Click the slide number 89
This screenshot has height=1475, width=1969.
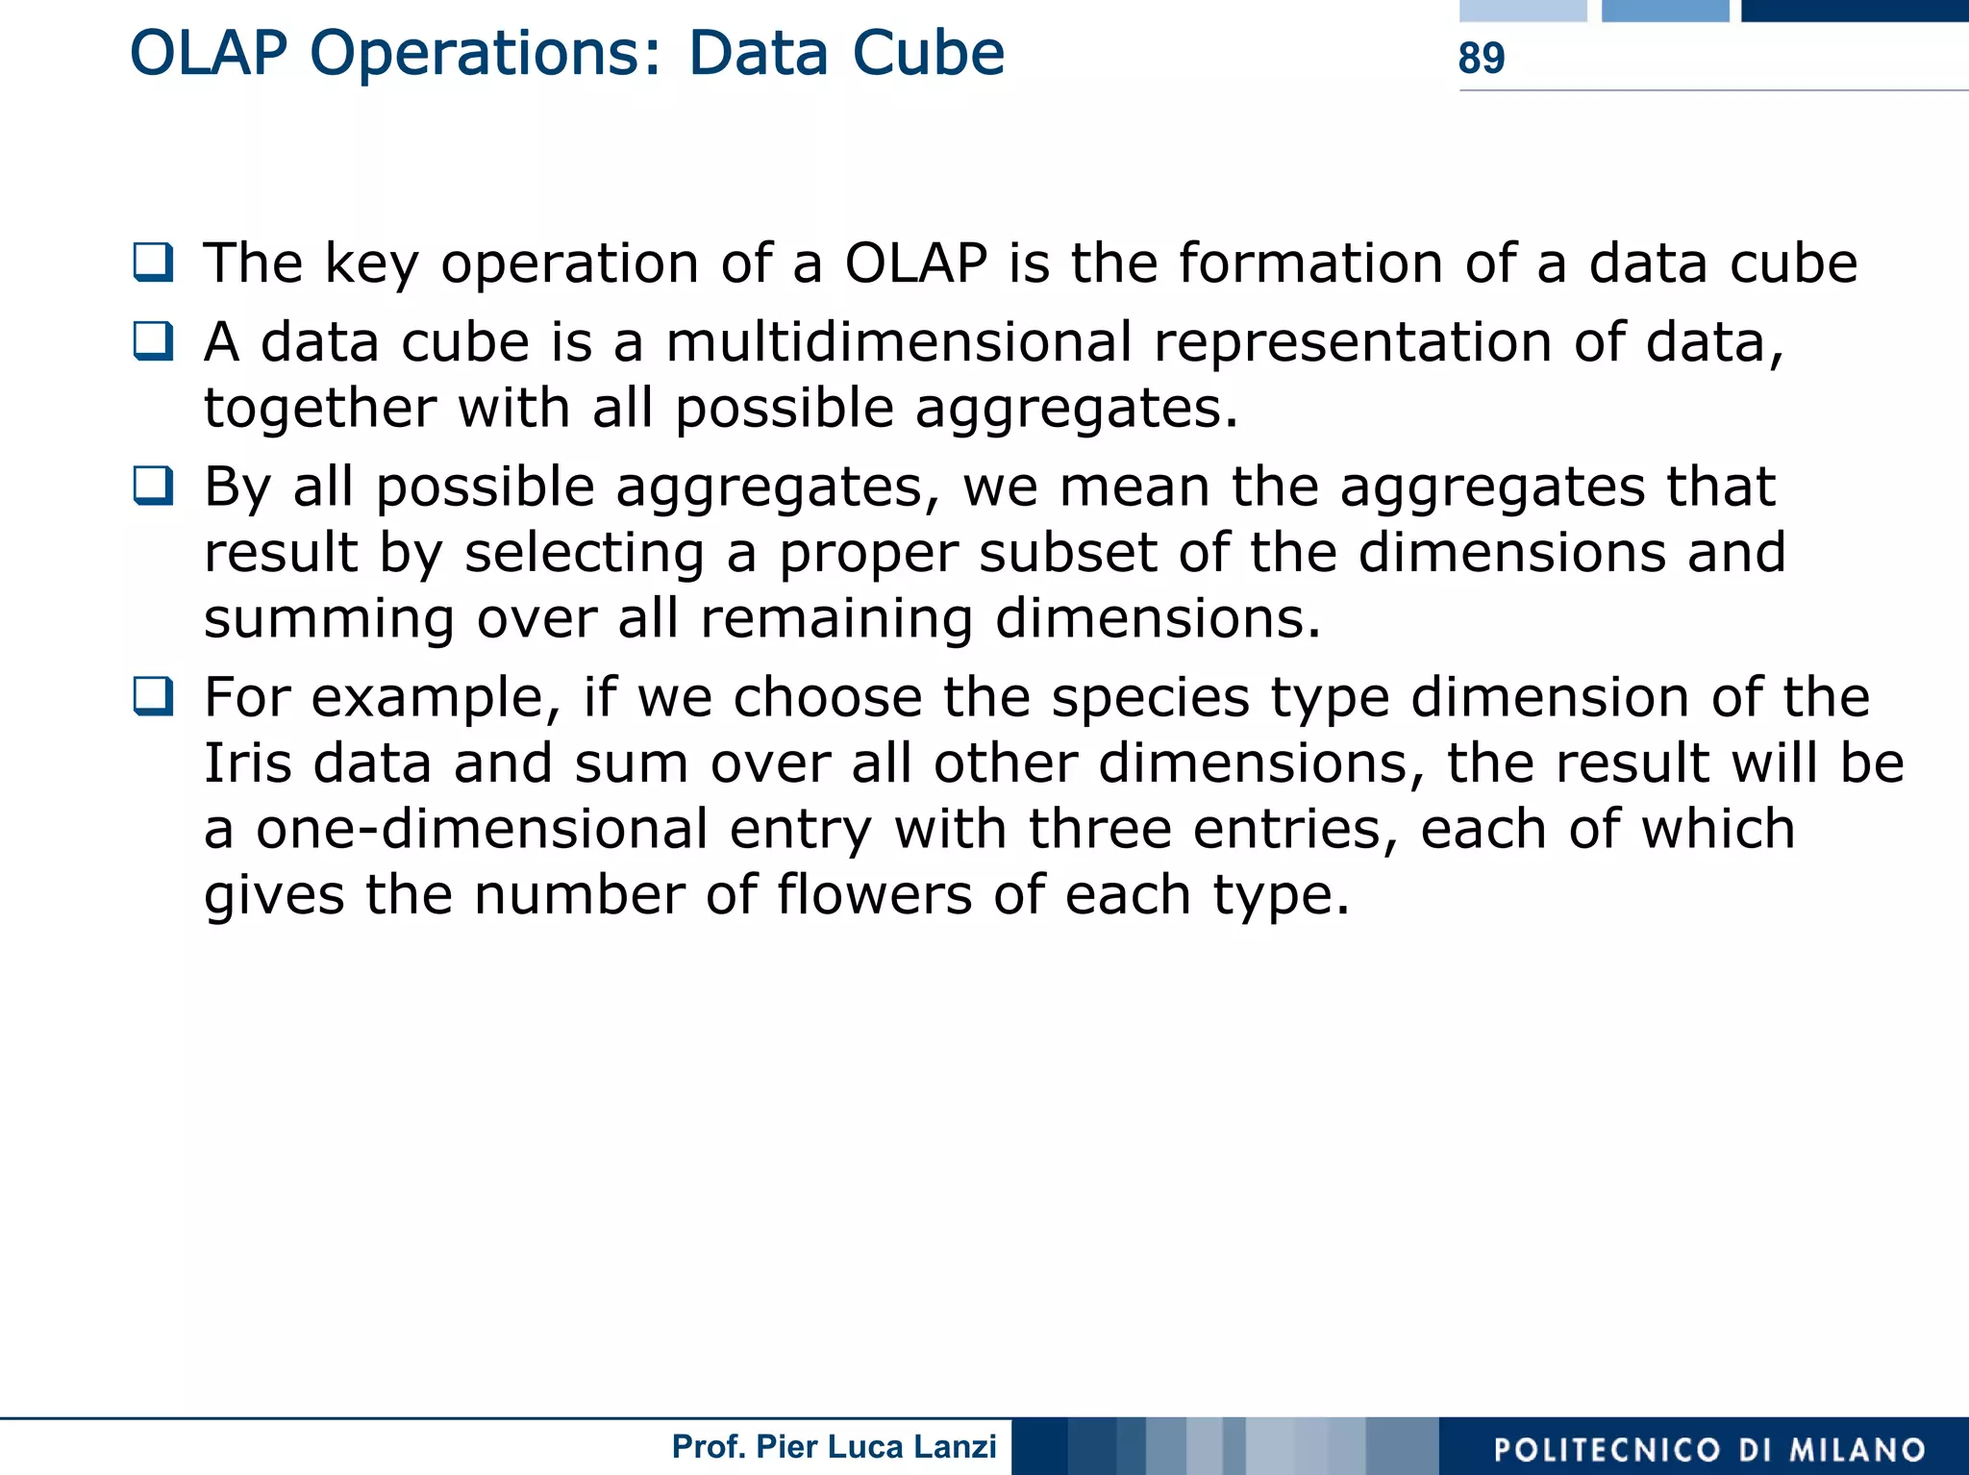[1481, 59]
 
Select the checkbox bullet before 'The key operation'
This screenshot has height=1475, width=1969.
[154, 262]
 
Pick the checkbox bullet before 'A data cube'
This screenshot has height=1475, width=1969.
[154, 340]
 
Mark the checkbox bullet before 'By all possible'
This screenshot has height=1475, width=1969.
[154, 486]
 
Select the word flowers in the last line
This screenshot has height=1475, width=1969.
[874, 895]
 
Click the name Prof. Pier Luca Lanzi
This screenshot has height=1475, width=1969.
[834, 1446]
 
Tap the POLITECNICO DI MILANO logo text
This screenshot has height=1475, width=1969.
[1709, 1449]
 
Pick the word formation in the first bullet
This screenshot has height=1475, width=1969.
[1310, 262]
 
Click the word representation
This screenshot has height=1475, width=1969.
[1353, 343]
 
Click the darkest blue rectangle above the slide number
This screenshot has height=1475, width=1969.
[1855, 11]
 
